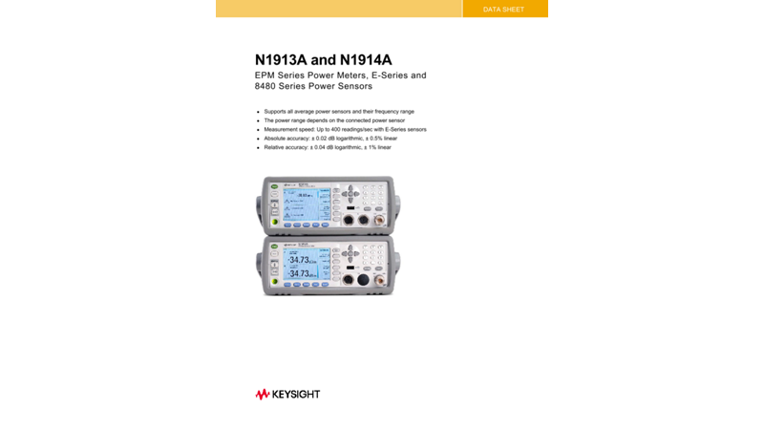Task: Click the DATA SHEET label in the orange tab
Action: (503, 10)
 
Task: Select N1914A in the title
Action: (366, 59)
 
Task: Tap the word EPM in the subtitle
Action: (266, 75)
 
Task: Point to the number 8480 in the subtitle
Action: (268, 86)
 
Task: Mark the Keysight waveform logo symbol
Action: (263, 394)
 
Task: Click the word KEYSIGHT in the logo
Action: (296, 394)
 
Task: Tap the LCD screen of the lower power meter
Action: (306, 265)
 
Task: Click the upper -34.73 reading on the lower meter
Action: (300, 260)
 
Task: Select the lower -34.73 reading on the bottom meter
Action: (300, 273)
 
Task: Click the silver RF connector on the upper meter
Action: (379, 220)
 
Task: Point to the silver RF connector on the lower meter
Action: (379, 280)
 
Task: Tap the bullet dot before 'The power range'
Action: (258, 121)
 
